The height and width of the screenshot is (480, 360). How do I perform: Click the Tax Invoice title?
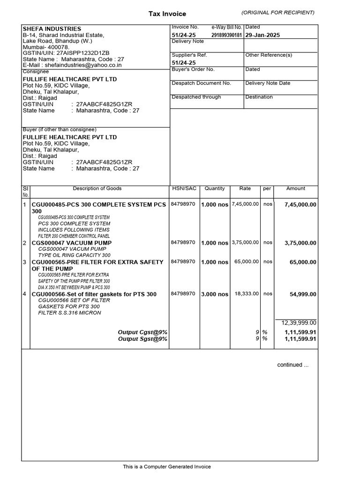(x=167, y=14)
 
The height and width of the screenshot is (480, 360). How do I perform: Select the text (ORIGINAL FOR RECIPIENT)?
(x=278, y=12)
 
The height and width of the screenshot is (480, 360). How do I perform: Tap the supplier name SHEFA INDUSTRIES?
(x=52, y=29)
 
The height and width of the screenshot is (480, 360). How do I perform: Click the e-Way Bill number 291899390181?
(x=227, y=35)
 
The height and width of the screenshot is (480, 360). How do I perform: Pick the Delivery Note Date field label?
(x=268, y=83)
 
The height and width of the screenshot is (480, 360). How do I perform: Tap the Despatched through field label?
(x=196, y=97)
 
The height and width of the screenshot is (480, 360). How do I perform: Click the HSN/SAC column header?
(x=184, y=188)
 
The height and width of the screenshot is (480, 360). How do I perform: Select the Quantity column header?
(x=215, y=188)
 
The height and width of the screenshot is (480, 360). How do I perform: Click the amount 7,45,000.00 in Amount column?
(x=300, y=205)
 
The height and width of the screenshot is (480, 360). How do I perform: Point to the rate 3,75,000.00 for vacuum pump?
(x=245, y=243)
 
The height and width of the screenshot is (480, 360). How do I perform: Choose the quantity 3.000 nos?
(x=215, y=294)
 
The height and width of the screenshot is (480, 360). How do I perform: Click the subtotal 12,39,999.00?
(x=299, y=323)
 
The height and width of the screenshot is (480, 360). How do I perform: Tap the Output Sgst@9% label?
(x=142, y=339)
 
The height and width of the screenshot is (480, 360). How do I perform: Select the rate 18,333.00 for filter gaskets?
(x=246, y=294)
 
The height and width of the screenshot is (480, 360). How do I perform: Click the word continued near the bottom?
(x=293, y=365)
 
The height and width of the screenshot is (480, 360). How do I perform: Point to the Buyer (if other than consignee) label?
(x=60, y=129)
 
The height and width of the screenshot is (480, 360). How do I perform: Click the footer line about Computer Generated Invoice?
(x=167, y=467)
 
